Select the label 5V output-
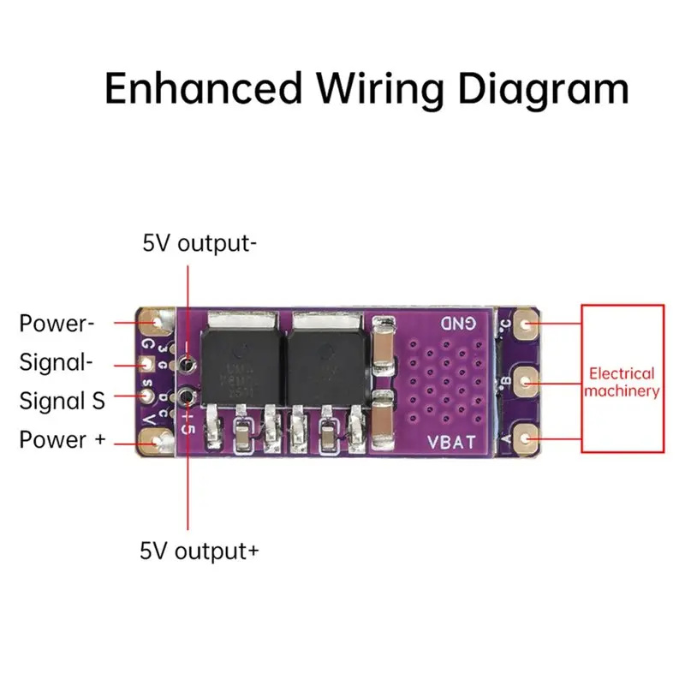point(200,244)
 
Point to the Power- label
point(57,324)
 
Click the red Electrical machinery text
point(622,383)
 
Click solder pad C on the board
point(530,325)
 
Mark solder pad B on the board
point(530,382)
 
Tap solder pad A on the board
point(530,438)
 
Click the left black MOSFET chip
point(238,355)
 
